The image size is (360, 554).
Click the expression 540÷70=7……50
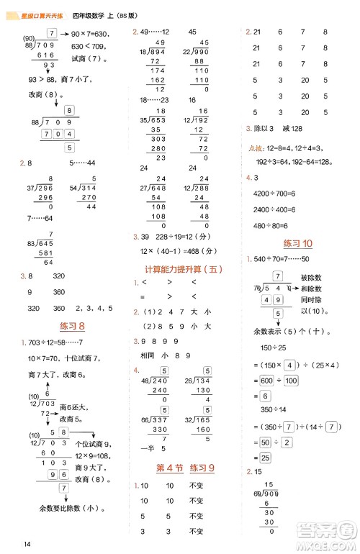click(287, 259)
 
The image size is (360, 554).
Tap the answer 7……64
click(40, 218)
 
